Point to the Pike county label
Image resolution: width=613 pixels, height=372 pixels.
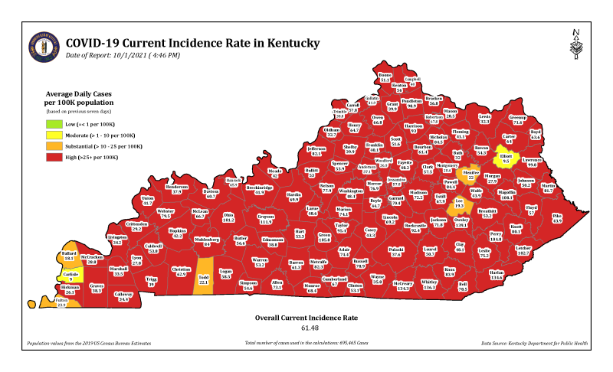556,218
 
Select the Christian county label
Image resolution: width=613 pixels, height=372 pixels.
181,271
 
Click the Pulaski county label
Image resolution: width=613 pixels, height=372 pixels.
396,251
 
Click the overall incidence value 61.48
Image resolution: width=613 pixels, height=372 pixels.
306,328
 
